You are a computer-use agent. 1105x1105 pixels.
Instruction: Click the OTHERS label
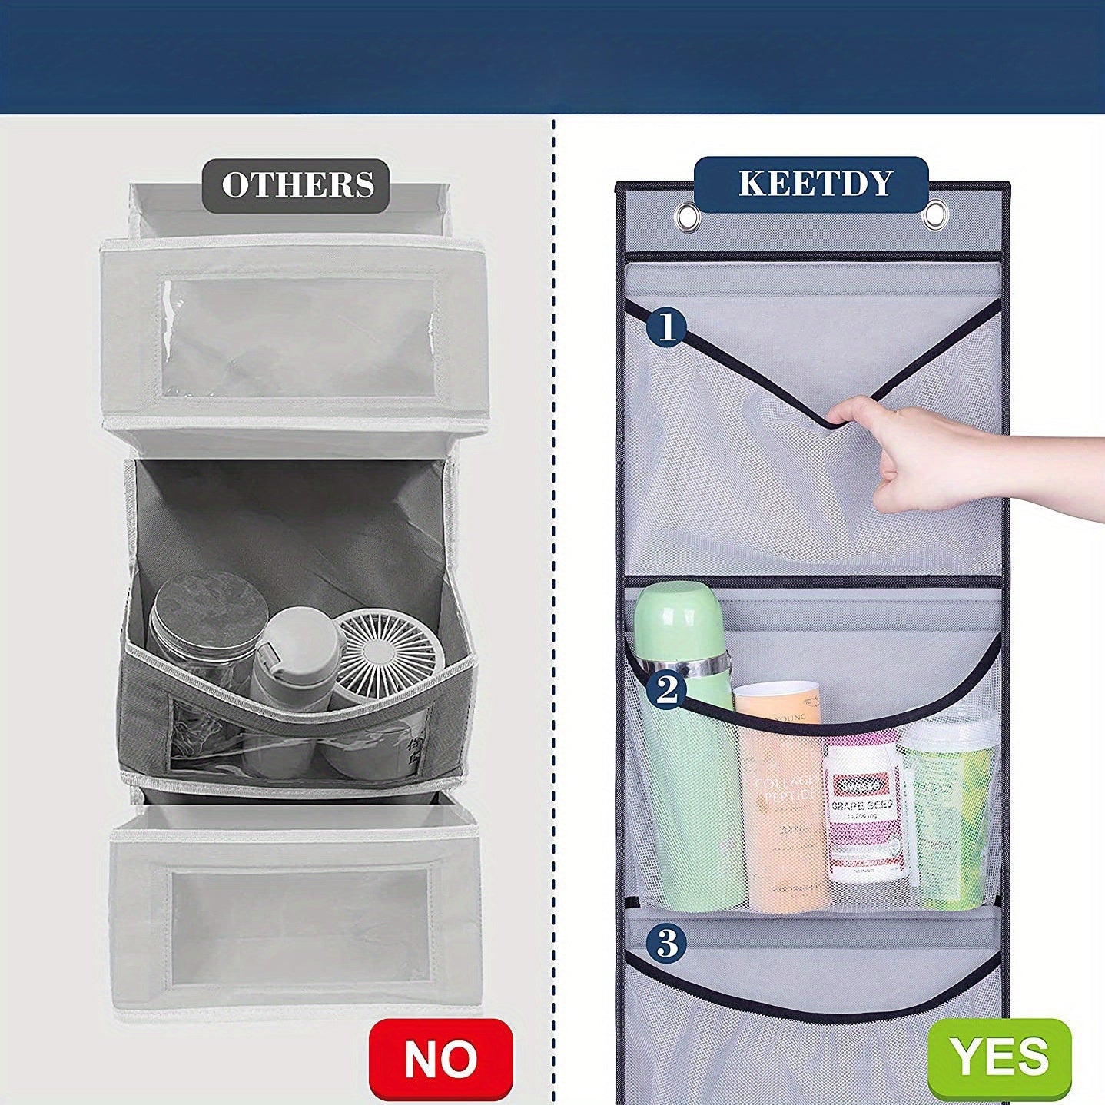(297, 185)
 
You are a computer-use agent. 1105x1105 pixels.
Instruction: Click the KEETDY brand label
(815, 184)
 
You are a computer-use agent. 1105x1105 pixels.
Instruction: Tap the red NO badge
(440, 1060)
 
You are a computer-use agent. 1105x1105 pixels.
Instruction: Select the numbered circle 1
(666, 327)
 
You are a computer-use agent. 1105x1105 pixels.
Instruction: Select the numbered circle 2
(666, 689)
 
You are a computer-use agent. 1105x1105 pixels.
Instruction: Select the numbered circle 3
(666, 942)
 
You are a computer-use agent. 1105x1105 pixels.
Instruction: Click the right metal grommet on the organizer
(936, 214)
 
